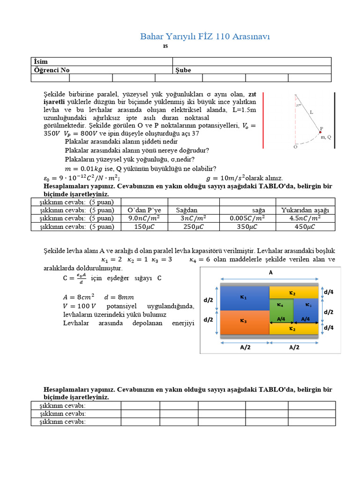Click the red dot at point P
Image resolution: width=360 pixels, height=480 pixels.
(x=321, y=132)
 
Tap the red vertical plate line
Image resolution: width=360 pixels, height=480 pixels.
(x=263, y=120)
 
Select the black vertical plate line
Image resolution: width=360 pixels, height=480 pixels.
(x=335, y=120)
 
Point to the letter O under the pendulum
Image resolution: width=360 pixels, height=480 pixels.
(x=295, y=147)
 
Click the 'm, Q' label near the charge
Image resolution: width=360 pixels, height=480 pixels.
(x=325, y=137)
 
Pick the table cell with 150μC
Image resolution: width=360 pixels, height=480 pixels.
(x=144, y=227)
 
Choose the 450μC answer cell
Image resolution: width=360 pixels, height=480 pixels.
(x=305, y=227)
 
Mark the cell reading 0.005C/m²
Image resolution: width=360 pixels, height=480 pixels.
(x=247, y=218)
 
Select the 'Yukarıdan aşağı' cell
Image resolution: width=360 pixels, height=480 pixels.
(x=305, y=210)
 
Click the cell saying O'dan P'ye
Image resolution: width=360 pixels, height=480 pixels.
(x=144, y=210)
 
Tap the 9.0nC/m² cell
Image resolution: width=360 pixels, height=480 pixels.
(x=144, y=218)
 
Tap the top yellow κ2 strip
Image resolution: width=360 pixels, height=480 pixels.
(x=293, y=292)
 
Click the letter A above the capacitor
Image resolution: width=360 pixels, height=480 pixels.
(x=270, y=272)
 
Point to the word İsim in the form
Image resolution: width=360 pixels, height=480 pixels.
(x=41, y=62)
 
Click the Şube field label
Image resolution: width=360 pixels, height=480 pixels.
(x=183, y=70)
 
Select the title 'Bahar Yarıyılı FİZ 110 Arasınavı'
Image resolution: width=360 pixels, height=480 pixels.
(x=205, y=37)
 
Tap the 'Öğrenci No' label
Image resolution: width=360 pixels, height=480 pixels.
(x=52, y=70)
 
